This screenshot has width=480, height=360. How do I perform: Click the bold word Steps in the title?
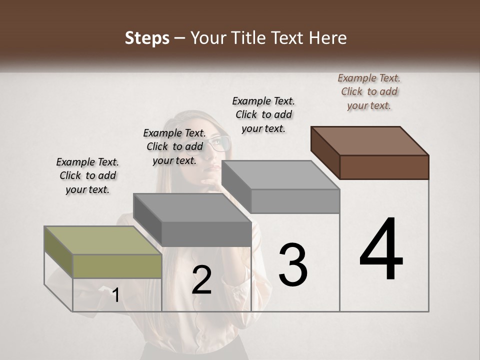(147, 38)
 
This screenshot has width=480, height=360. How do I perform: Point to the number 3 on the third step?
(292, 265)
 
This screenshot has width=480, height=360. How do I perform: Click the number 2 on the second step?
(201, 280)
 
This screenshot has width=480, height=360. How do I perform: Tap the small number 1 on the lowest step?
(115, 295)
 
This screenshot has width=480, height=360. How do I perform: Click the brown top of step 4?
(370, 140)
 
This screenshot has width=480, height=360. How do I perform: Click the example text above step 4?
(369, 91)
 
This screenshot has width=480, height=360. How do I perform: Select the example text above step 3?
(263, 114)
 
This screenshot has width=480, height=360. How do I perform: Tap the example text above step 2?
(174, 146)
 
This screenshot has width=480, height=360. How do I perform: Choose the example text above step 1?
(87, 175)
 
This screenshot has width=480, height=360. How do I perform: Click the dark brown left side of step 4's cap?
(325, 152)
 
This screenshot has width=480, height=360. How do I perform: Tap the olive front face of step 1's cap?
(117, 266)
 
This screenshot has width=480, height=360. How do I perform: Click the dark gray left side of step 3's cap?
(236, 186)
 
